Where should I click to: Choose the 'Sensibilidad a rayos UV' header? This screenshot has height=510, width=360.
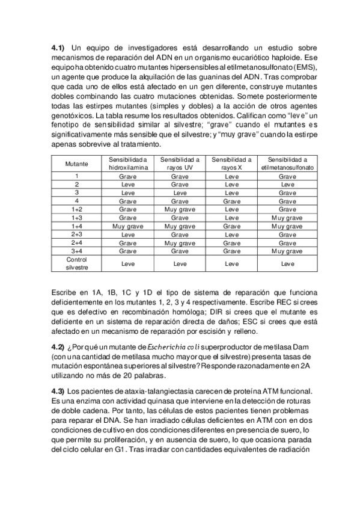click(179, 164)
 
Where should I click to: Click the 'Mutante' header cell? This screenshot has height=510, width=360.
click(77, 164)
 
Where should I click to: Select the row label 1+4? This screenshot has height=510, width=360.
click(77, 226)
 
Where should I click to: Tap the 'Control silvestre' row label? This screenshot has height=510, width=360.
click(77, 263)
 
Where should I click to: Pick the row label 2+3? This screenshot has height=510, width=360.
click(77, 235)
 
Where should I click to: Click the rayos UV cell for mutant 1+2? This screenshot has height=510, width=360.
click(179, 209)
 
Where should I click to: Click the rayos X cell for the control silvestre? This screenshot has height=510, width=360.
click(231, 263)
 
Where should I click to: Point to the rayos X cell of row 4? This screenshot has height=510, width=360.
click(231, 201)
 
